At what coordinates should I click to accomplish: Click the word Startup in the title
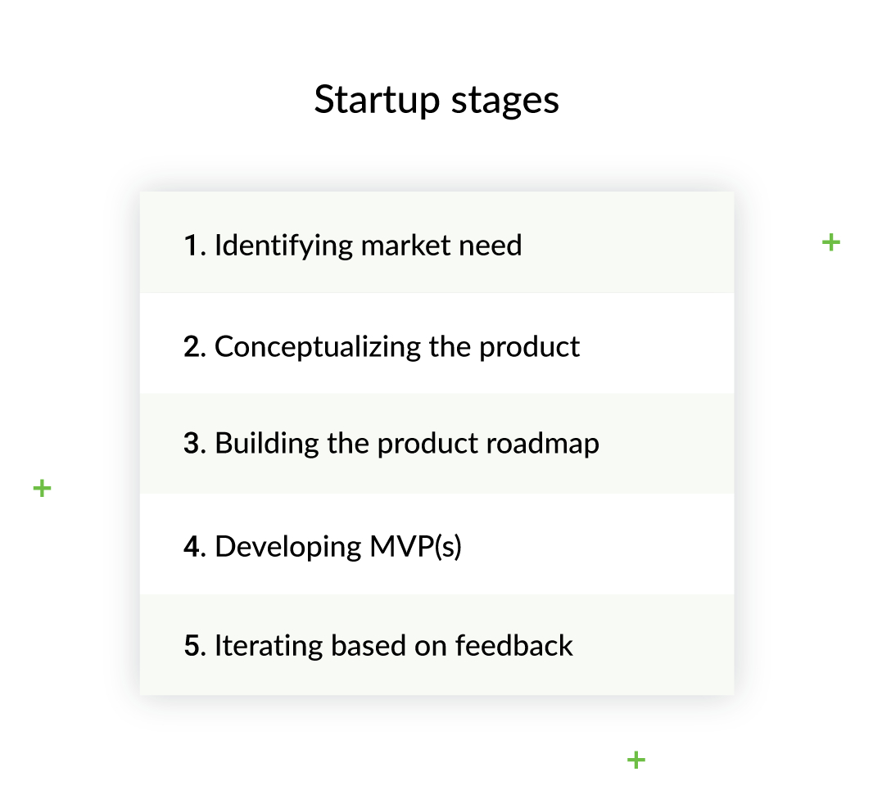point(377,100)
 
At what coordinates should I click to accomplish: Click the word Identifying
point(283,246)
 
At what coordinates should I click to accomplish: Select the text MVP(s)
point(415,547)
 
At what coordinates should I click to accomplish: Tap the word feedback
point(513,646)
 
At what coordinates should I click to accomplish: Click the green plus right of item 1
point(831,242)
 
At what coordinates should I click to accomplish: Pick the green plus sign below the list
point(636,761)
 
